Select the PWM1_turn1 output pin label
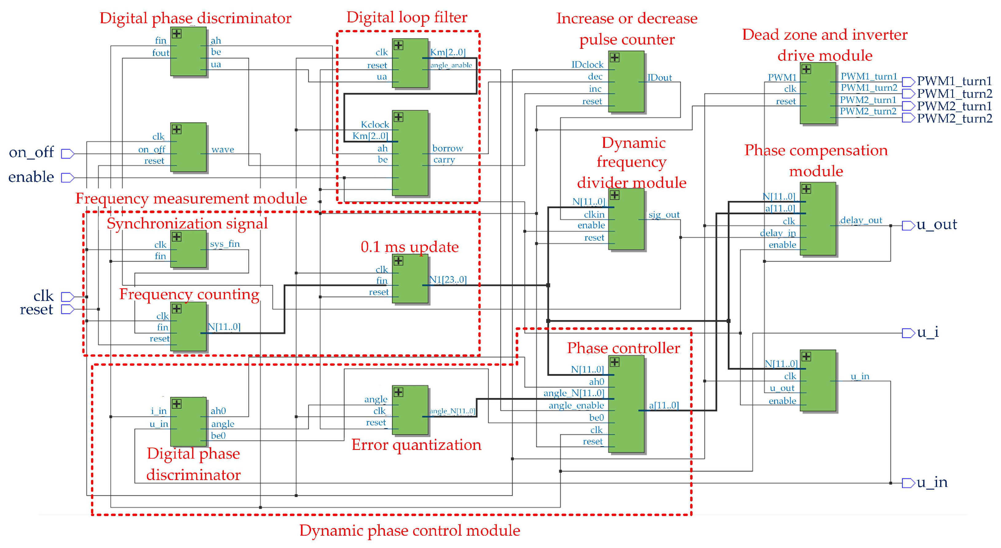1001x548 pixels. coord(954,81)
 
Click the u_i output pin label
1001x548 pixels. coord(928,333)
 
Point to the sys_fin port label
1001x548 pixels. coord(225,244)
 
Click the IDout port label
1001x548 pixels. coord(659,78)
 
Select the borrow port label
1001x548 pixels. coord(447,148)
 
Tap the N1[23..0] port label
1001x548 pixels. coord(448,280)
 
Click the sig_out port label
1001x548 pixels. coord(664,215)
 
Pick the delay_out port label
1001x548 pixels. coord(861,221)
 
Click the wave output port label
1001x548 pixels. coord(222,150)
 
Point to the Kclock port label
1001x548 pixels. coord(374,125)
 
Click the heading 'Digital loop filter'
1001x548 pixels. coord(406,17)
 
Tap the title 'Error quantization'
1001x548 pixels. coord(416,445)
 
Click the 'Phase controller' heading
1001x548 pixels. coord(623,348)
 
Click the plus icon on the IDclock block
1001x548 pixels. coord(614,58)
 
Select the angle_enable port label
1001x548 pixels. coord(576,405)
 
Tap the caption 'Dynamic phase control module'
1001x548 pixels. coord(409,530)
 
